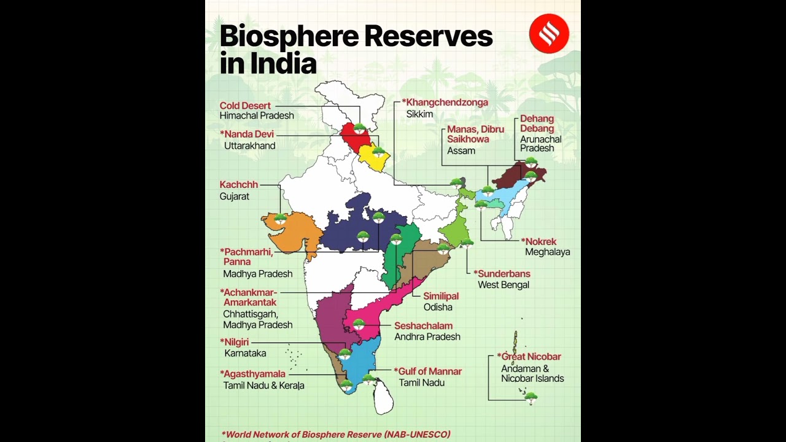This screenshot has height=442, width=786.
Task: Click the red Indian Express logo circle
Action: [549, 34]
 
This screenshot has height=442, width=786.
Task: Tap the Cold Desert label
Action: [246, 106]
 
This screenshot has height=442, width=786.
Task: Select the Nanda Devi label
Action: [249, 134]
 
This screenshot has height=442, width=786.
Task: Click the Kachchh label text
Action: [239, 185]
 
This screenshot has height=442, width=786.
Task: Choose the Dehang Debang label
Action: [537, 123]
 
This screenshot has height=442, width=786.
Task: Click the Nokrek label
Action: [540, 241]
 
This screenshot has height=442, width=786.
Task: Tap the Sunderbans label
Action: [504, 274]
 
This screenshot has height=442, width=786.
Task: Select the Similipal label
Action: [441, 296]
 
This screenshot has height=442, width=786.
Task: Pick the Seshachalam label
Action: [423, 326]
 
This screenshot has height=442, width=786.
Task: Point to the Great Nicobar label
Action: [531, 357]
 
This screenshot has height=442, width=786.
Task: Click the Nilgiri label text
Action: [236, 342]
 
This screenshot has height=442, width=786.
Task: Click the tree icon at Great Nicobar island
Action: [531, 398]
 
